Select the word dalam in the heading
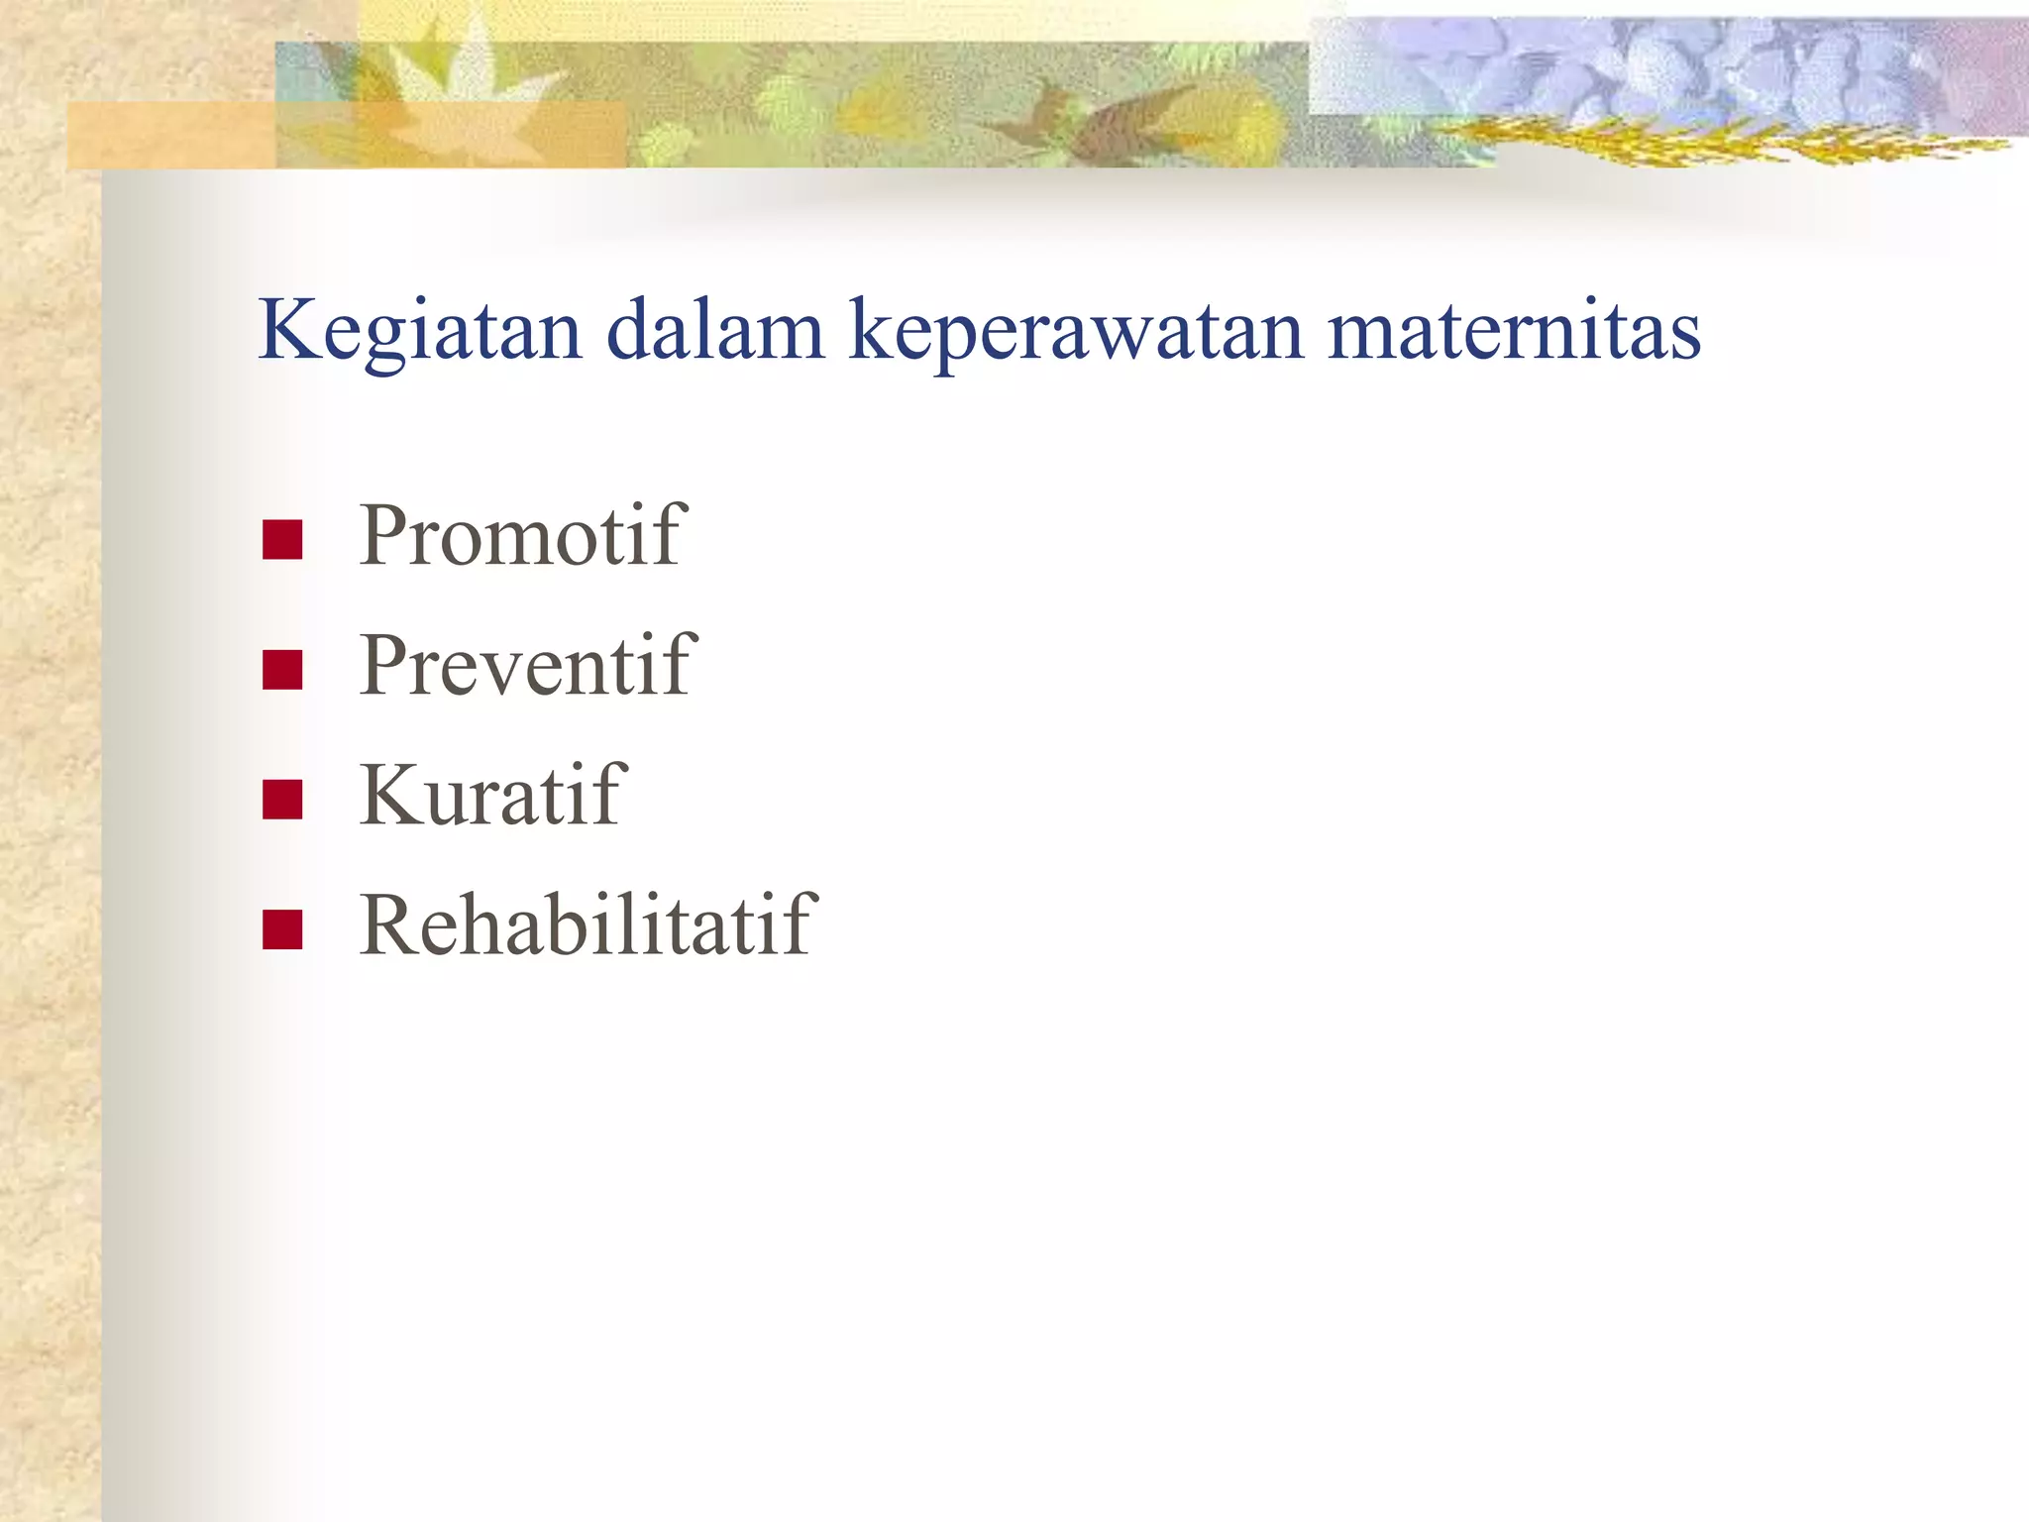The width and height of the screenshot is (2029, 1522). [x=714, y=330]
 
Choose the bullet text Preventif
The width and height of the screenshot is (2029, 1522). [x=528, y=665]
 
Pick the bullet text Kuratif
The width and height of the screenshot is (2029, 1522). [x=492, y=795]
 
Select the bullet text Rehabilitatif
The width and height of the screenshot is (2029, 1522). [x=587, y=925]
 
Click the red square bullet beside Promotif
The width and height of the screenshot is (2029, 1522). [x=282, y=540]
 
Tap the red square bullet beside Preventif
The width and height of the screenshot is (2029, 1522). [x=282, y=670]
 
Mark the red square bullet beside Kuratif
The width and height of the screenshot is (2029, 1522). [x=282, y=800]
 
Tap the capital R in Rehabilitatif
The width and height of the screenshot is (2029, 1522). [x=391, y=925]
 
